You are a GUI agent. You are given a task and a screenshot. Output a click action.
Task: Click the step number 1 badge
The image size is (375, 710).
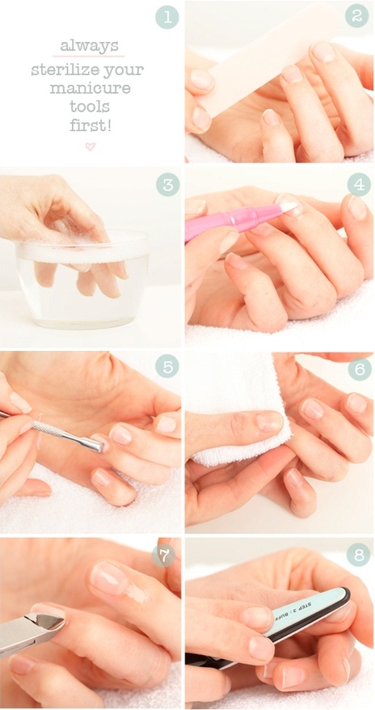point(167,18)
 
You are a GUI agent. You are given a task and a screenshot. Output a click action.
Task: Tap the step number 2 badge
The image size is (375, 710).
point(357,16)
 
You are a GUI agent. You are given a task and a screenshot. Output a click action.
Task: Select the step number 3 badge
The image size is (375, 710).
point(167,185)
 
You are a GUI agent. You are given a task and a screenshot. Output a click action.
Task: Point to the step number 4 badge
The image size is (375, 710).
point(359,185)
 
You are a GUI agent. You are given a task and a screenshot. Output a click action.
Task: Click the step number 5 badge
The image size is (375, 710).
point(167,366)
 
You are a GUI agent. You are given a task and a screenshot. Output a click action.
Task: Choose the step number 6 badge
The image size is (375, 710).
point(360,370)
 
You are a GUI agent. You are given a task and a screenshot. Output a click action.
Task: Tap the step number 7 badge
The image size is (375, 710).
point(163,555)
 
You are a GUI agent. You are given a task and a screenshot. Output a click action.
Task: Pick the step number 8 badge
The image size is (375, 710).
point(358,555)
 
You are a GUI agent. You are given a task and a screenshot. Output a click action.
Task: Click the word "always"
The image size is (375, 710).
point(89,46)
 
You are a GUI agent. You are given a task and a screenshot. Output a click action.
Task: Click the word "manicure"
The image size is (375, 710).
point(90,87)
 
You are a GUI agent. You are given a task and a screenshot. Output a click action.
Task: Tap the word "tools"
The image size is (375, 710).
point(90,106)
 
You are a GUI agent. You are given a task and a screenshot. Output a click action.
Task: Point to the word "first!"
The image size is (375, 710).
point(90,125)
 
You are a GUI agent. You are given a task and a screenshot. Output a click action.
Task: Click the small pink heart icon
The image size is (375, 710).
point(91,146)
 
